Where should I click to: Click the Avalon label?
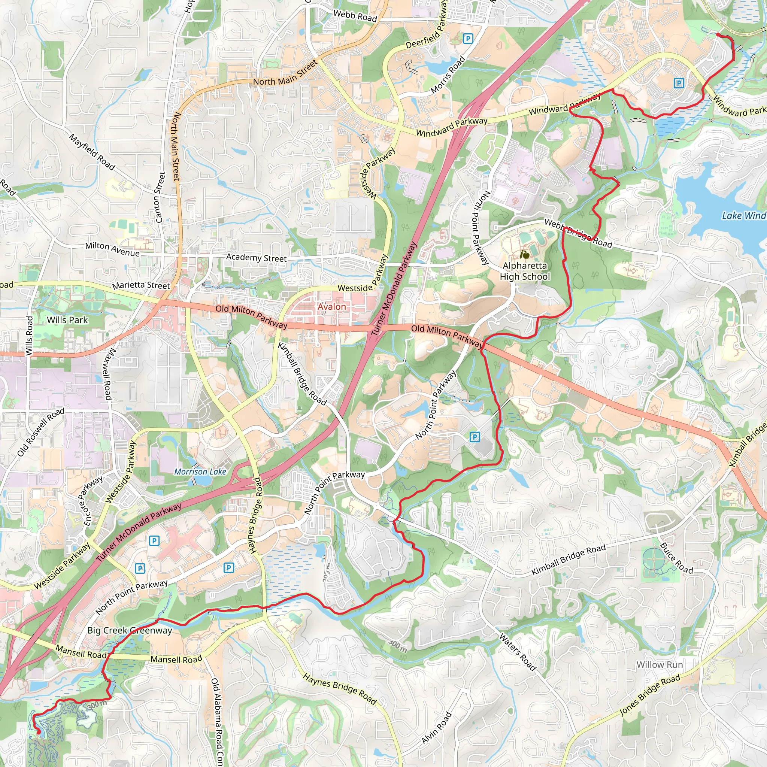pyautogui.click(x=331, y=307)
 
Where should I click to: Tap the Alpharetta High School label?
pyautogui.click(x=525, y=271)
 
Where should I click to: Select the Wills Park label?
pyautogui.click(x=67, y=320)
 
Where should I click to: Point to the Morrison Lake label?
pyautogui.click(x=200, y=472)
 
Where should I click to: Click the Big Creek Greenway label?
pyautogui.click(x=130, y=630)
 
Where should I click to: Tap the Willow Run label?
pyautogui.click(x=660, y=665)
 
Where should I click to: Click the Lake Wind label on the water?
pyautogui.click(x=743, y=216)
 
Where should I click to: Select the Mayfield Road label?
pyautogui.click(x=92, y=152)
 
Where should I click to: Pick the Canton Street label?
pyautogui.click(x=160, y=197)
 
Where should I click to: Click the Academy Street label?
pyautogui.click(x=256, y=258)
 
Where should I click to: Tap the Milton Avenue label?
pyautogui.click(x=112, y=249)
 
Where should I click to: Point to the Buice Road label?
pyautogui.click(x=676, y=558)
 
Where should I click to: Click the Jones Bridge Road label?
pyautogui.click(x=650, y=695)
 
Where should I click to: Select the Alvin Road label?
pyautogui.click(x=436, y=728)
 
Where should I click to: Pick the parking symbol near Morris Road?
pyautogui.click(x=468, y=39)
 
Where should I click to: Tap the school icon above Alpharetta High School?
pyautogui.click(x=524, y=254)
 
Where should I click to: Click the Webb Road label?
pyautogui.click(x=355, y=16)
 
